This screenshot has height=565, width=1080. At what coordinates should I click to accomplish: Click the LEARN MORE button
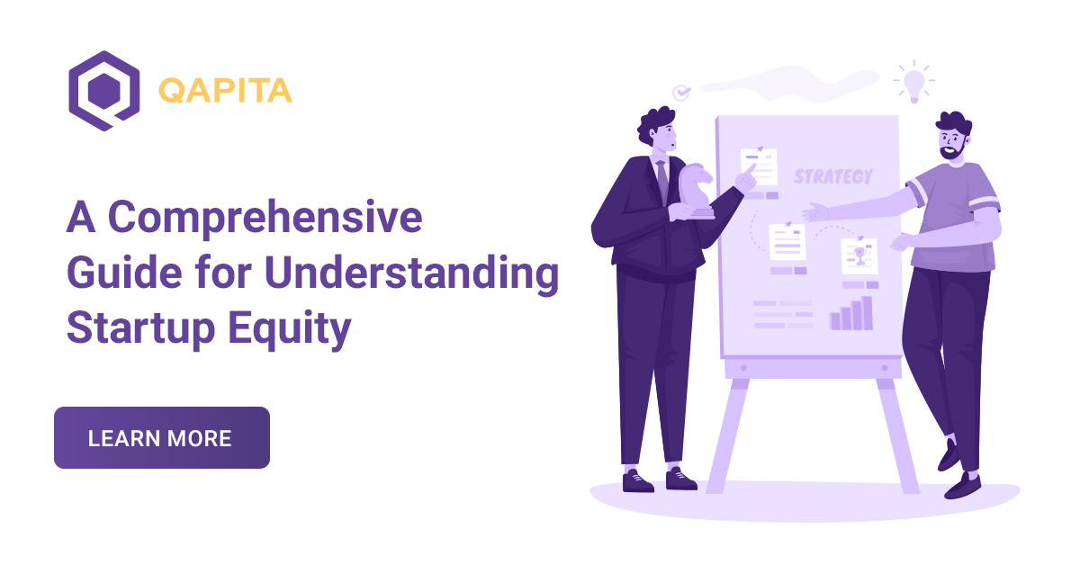click(161, 438)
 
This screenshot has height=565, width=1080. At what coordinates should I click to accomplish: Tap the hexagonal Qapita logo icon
click(104, 91)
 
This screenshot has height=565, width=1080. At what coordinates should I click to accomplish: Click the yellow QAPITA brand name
click(225, 90)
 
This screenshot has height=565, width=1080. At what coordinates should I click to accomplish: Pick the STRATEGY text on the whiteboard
click(832, 176)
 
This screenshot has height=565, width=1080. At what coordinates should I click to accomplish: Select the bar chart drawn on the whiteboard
click(851, 313)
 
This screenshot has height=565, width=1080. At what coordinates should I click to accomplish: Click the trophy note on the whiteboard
click(859, 256)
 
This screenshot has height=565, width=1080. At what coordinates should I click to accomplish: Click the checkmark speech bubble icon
click(682, 92)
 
